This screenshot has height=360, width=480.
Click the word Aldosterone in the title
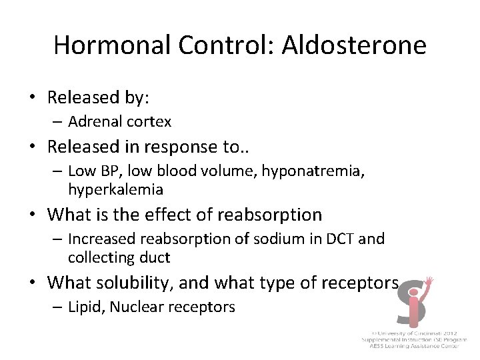354,45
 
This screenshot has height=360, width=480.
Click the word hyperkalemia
115,189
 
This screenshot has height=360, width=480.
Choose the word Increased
100,239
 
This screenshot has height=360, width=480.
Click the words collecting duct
119,257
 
